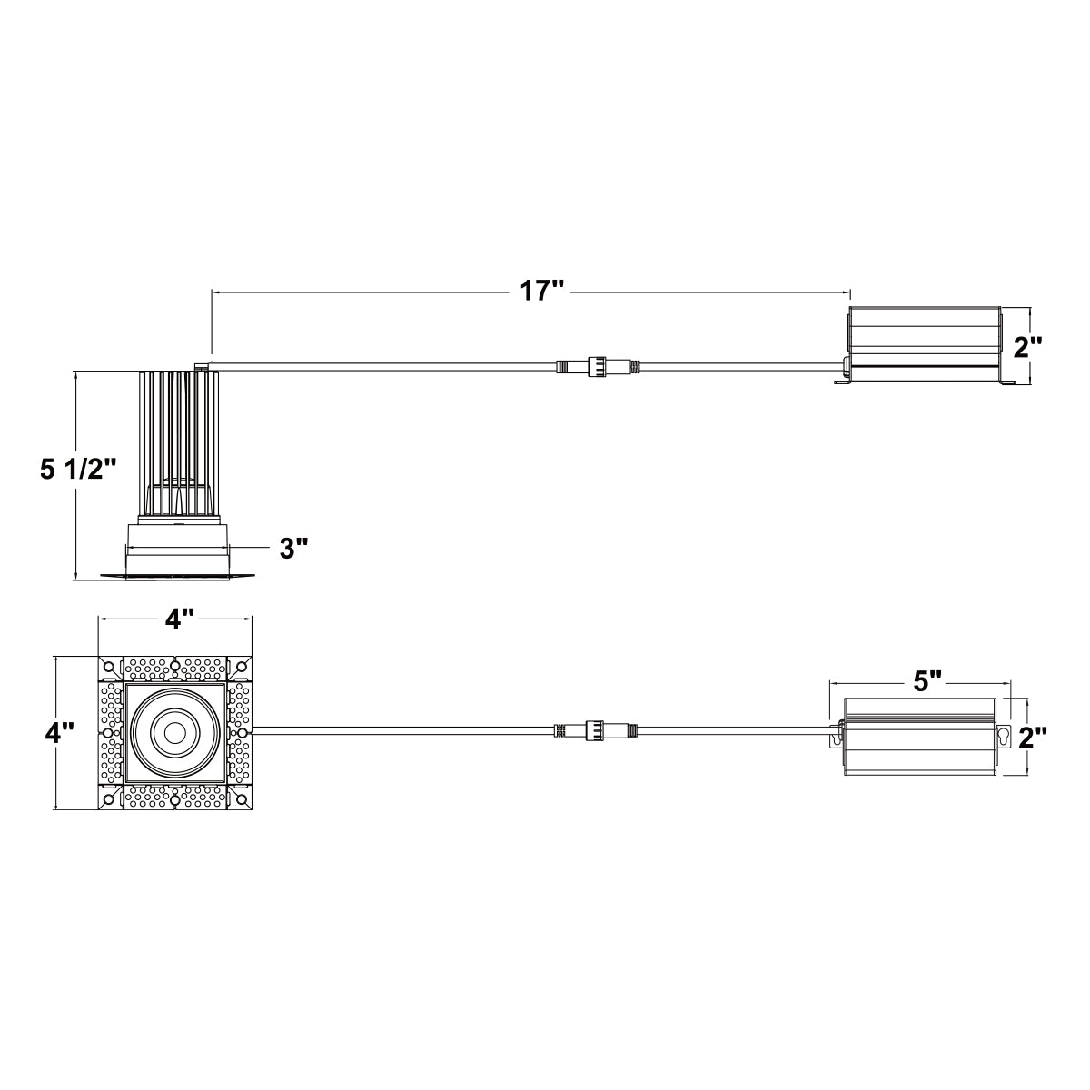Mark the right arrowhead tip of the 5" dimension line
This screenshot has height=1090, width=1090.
[1010, 683]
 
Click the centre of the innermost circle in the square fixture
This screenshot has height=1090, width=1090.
[173, 732]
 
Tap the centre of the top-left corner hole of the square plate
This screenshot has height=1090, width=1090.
[108, 665]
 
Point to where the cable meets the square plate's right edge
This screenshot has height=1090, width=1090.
[252, 730]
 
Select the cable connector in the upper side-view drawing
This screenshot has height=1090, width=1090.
[599, 366]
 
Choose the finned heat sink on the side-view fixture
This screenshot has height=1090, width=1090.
[178, 443]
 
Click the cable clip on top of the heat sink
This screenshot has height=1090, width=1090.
[200, 367]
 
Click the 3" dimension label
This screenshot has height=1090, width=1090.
[294, 548]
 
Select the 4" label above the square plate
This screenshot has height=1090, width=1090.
[180, 619]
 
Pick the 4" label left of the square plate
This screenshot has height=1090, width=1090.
[59, 734]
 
